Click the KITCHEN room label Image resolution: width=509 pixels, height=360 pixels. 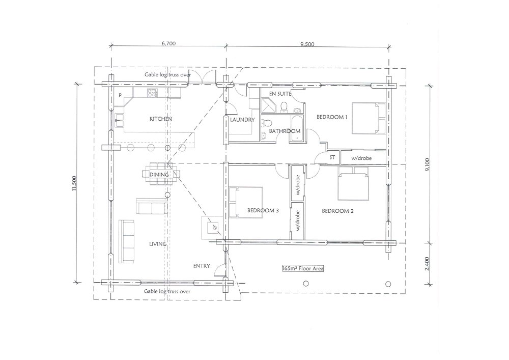pyautogui.click(x=161, y=119)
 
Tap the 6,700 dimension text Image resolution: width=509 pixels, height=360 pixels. pyautogui.click(x=168, y=43)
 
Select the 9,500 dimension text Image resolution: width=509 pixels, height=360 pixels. pyautogui.click(x=307, y=44)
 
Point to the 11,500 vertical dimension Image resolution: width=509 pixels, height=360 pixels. pyautogui.click(x=74, y=183)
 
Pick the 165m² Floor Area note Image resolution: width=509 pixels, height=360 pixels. pyautogui.click(x=303, y=268)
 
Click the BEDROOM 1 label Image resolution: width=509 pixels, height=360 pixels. pyautogui.click(x=332, y=117)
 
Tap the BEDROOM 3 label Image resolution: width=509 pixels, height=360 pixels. pyautogui.click(x=263, y=210)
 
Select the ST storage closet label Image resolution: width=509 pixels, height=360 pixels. pyautogui.click(x=332, y=158)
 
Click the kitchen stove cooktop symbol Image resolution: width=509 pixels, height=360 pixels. pyautogui.click(x=152, y=93)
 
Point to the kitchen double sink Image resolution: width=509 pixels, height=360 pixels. pyautogui.click(x=119, y=120)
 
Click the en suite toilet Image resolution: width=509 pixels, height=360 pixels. pyautogui.click(x=285, y=107)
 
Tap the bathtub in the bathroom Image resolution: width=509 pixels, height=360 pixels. pyautogui.click(x=297, y=129)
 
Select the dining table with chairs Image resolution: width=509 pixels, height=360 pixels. pyautogui.click(x=159, y=174)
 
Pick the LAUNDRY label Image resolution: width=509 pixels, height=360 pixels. pyautogui.click(x=242, y=120)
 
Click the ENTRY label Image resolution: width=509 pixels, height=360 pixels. pyautogui.click(x=202, y=266)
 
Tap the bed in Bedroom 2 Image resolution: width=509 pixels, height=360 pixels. pyautogui.click(x=353, y=183)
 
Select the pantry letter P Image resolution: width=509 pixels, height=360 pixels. pyautogui.click(x=120, y=95)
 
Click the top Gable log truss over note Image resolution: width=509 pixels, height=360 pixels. pyautogui.click(x=167, y=75)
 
